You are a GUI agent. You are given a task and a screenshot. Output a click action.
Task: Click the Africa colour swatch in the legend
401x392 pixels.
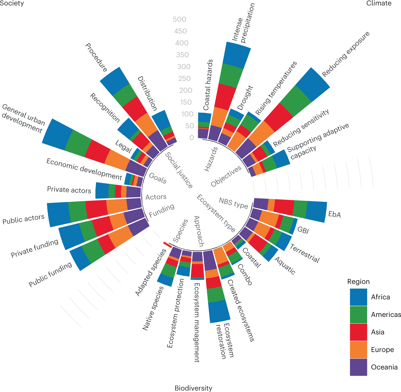[358, 297]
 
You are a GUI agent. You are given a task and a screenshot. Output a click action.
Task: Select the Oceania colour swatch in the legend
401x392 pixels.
[358, 367]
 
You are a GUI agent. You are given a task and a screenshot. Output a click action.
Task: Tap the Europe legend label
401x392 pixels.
[382, 350]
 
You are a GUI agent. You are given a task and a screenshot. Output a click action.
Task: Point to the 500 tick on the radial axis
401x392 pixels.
[179, 19]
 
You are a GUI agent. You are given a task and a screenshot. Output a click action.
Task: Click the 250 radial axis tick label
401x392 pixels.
[184, 78]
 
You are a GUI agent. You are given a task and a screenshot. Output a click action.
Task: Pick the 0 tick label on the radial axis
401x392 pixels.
[192, 138]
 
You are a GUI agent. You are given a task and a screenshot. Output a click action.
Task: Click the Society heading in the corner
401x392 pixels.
[12, 3]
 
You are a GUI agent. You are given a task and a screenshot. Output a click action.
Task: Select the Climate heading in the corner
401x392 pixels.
[379, 3]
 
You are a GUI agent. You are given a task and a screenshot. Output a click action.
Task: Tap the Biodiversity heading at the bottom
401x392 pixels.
[193, 388]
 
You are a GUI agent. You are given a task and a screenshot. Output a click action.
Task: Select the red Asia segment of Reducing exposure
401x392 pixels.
[278, 117]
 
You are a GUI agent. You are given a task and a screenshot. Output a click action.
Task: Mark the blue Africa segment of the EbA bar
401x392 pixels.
[316, 212]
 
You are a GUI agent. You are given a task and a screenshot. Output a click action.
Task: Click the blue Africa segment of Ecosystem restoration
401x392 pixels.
[219, 311]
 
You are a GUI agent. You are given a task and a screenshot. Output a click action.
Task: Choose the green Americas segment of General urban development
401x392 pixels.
[78, 143]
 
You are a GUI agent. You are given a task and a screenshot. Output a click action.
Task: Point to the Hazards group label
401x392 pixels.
[211, 159]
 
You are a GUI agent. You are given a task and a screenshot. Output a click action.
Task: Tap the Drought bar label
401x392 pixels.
[245, 98]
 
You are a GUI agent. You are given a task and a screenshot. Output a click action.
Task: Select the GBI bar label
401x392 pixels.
[303, 230]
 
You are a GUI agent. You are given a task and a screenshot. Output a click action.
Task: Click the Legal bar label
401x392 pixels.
[123, 146]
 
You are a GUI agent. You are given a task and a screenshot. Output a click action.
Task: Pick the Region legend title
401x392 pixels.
[358, 282]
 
